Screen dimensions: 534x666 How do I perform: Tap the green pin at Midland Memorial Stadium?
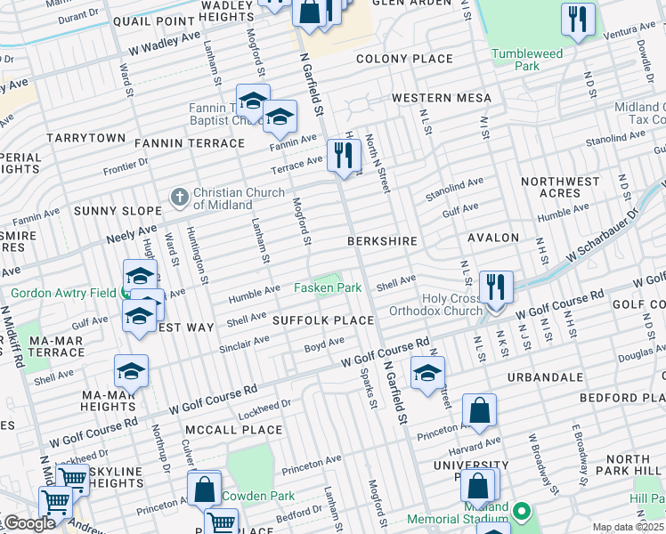coord(522,512)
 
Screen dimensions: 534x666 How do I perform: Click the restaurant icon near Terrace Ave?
coord(343,157)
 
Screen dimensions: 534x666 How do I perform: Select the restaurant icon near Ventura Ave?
coord(578,20)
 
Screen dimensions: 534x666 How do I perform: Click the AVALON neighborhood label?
coord(492,238)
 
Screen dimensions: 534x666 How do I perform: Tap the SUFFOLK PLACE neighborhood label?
coord(322,320)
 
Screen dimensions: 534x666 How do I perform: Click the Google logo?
coord(28,523)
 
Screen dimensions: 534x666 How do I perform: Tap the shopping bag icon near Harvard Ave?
coord(479,411)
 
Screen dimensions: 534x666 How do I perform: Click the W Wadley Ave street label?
coord(165,40)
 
